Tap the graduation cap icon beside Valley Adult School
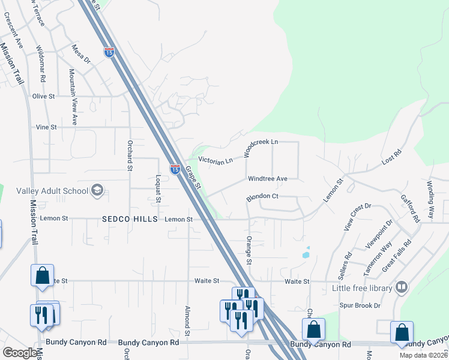(97, 191)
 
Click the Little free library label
(362, 288)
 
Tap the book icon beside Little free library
(402, 288)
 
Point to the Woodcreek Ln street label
(261, 148)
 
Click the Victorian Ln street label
(215, 161)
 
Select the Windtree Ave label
(268, 179)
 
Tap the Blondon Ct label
(262, 196)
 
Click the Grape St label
(193, 178)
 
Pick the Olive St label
(43, 96)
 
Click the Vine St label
(46, 127)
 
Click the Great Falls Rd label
(397, 254)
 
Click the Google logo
(20, 353)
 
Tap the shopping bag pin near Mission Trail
(43, 275)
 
